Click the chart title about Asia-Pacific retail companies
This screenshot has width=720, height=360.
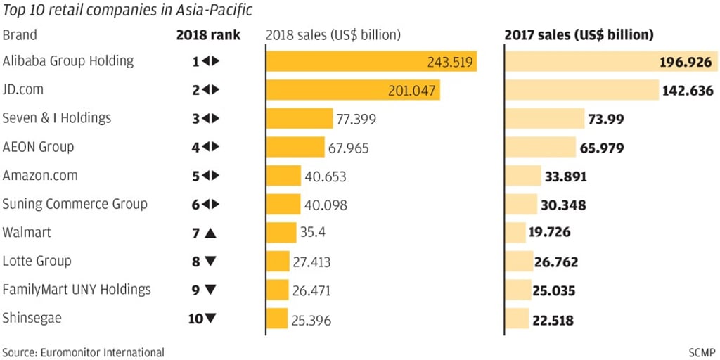coord(127,11)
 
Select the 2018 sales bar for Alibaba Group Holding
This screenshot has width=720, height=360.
coord(371,61)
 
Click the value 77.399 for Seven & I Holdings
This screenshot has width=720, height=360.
coord(356,119)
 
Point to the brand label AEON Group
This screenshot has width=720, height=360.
coord(38,147)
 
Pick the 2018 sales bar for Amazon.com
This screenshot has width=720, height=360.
coord(283,176)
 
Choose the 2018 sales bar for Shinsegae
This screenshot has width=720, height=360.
coord(277,319)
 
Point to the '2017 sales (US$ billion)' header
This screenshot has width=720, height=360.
coord(579,34)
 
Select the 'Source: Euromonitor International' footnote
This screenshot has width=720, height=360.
coord(83,352)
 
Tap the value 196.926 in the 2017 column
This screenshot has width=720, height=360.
coord(686,62)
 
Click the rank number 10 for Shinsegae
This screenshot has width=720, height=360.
coord(195,319)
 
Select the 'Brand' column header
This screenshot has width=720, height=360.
coord(20,34)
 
